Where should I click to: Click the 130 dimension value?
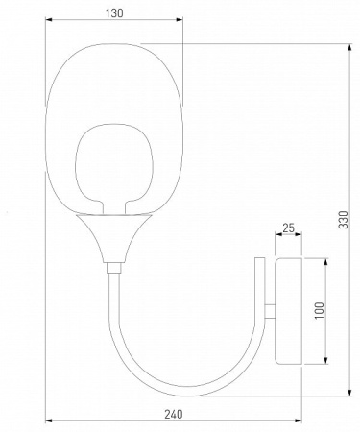tap(113, 14)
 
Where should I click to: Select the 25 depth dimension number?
tap(289, 228)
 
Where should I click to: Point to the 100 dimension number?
tap(319, 310)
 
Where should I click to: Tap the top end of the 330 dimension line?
tap(351, 41)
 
